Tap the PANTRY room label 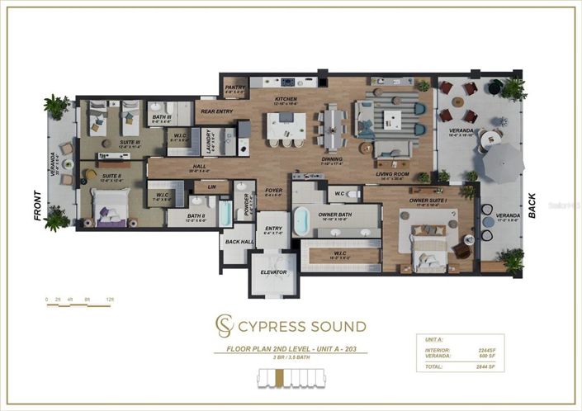234,88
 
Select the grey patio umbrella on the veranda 499,162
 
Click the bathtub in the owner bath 302,220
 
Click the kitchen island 286,126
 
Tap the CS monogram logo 225,324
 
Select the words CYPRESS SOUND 302,325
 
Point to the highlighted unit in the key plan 280,378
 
